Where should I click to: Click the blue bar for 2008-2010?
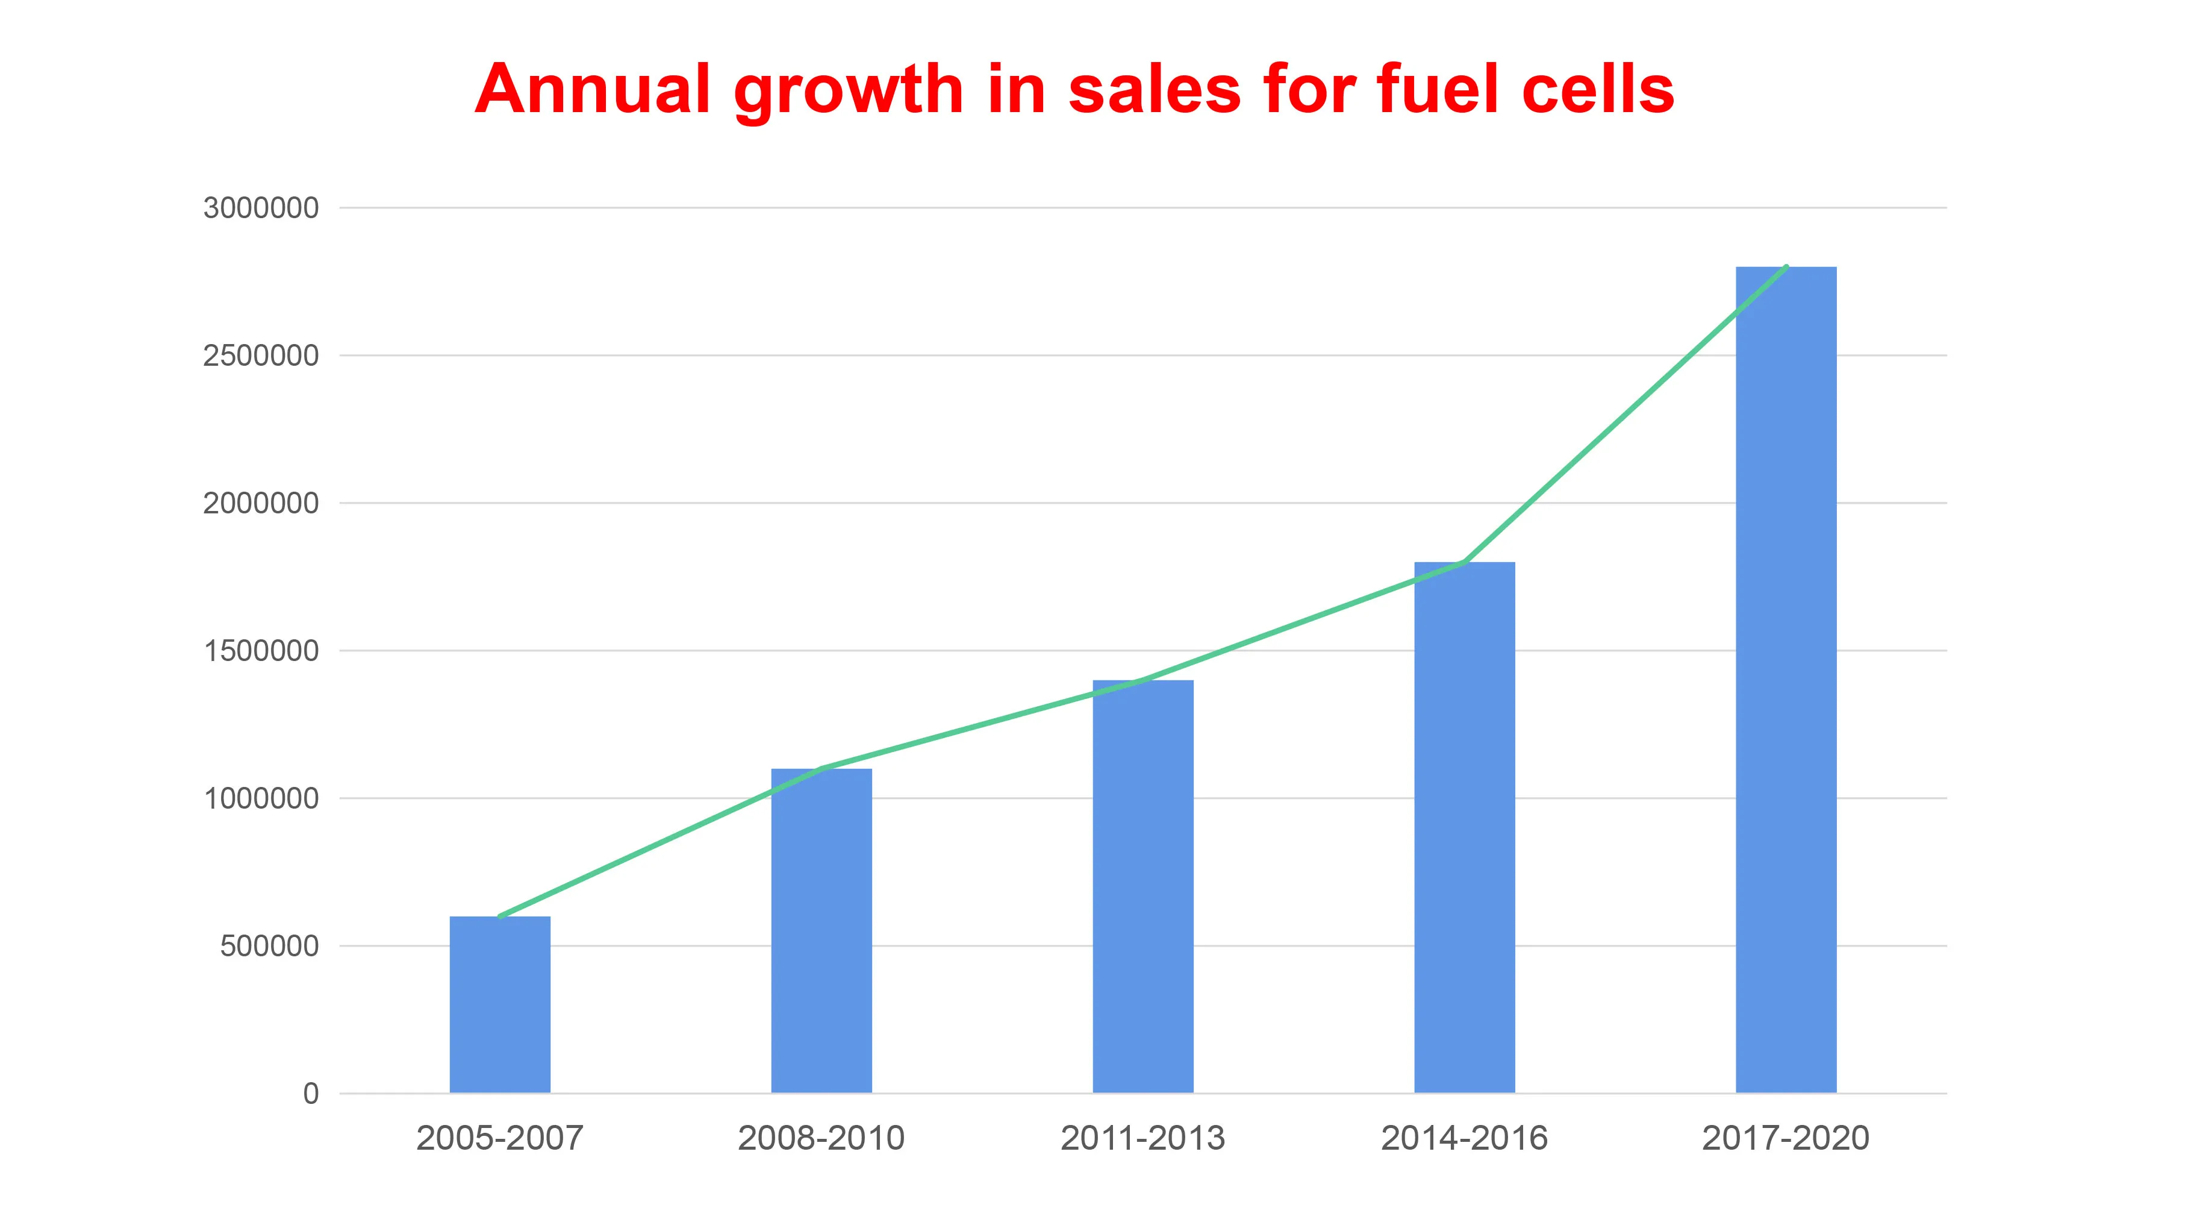coord(821,931)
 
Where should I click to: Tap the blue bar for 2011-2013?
coord(1142,887)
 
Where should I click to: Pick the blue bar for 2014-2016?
coord(1464,827)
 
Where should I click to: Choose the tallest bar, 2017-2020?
coord(1786,680)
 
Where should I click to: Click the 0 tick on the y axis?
coord(310,1094)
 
